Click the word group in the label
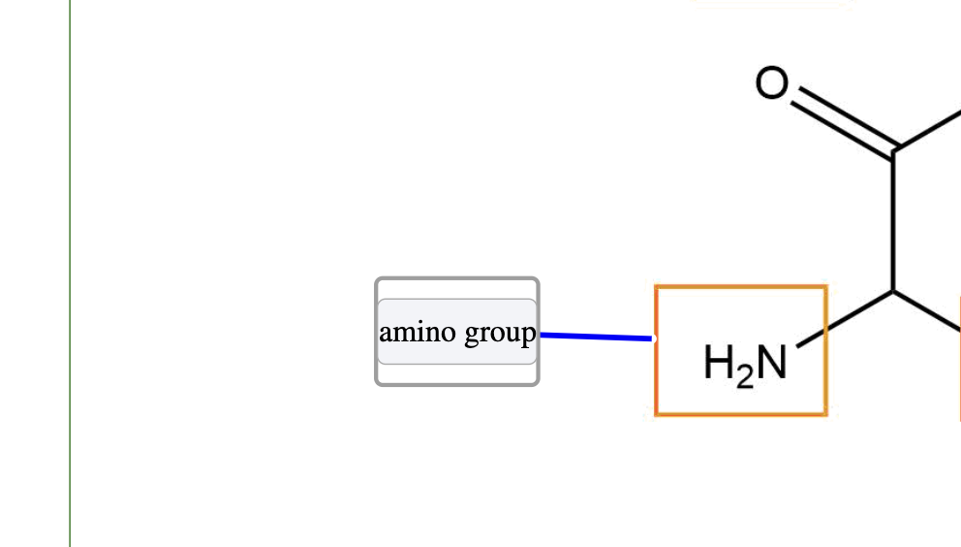[x=500, y=333]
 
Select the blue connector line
[x=596, y=337]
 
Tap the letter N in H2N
[x=772, y=364]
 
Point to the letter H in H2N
[x=720, y=364]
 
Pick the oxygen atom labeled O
[x=772, y=84]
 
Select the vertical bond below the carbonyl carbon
[x=893, y=221]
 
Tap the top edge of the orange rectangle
[x=741, y=287]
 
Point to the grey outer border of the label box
[x=457, y=279]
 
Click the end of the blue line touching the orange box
[x=652, y=338]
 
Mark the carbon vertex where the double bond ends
[x=893, y=151]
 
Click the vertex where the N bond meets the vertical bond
[x=893, y=291]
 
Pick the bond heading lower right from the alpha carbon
[x=928, y=310]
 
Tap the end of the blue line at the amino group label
[x=542, y=335]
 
